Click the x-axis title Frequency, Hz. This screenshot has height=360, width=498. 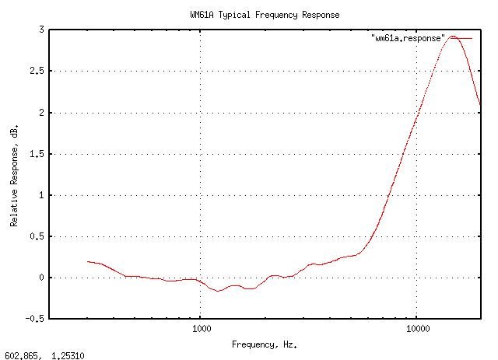click(265, 344)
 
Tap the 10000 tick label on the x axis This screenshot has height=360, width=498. click(418, 330)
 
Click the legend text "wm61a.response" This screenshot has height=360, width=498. click(409, 38)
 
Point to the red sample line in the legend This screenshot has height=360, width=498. click(461, 38)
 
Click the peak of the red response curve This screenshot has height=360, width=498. click(453, 36)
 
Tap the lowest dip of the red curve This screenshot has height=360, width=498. click(219, 291)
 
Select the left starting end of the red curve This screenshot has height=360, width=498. click(88, 261)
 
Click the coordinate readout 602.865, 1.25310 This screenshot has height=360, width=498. click(44, 355)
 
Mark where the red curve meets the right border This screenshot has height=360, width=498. click(480, 104)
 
